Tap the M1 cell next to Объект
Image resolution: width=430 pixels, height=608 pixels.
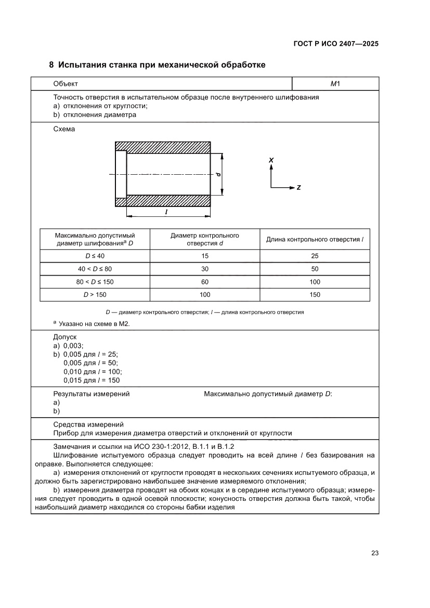tap(335, 84)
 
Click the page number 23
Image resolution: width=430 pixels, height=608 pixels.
tap(374, 553)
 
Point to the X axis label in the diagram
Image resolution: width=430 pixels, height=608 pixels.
tap(271, 160)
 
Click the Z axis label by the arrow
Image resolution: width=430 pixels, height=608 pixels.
tap(298, 187)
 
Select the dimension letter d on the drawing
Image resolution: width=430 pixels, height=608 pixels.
tap(219, 174)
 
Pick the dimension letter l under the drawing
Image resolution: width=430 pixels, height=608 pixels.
tap(165, 212)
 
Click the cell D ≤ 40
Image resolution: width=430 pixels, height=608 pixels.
tap(95, 256)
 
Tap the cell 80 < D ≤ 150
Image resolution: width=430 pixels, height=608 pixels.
tap(95, 282)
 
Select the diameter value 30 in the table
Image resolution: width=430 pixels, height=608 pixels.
tap(205, 269)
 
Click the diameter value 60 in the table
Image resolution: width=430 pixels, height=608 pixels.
tap(205, 282)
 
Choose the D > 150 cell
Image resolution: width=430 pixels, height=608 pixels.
tap(95, 295)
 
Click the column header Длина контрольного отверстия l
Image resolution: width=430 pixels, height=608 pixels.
tap(315, 239)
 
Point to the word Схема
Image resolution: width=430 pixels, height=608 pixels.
tap(64, 129)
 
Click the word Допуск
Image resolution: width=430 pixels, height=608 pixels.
tap(65, 337)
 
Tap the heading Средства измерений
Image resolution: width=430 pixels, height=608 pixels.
tap(88, 424)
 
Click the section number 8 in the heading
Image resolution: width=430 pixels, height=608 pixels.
tap(51, 65)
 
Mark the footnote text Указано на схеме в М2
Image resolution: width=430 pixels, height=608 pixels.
tap(94, 324)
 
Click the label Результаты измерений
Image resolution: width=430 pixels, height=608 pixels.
tap(92, 394)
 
